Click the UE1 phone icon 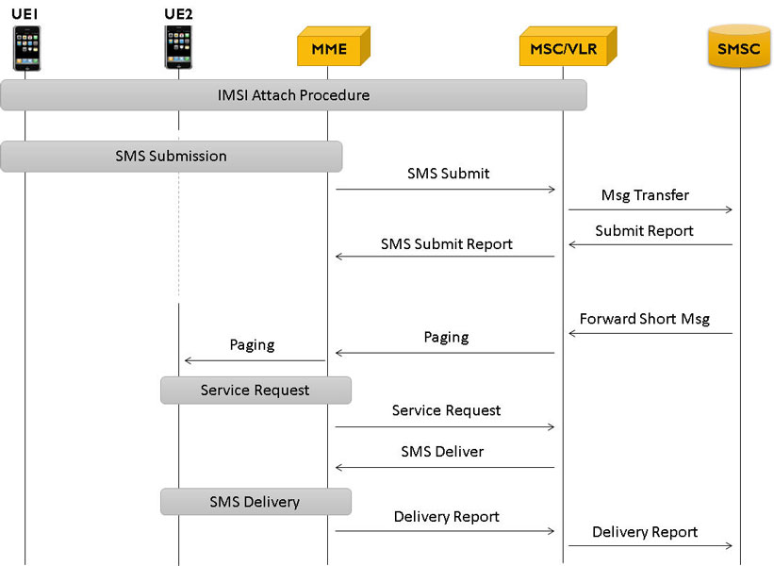pyautogui.click(x=26, y=48)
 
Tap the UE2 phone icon pyautogui.click(x=178, y=47)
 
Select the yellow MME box pyautogui.click(x=334, y=46)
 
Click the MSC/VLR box pyautogui.click(x=568, y=46)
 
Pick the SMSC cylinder pyautogui.click(x=739, y=46)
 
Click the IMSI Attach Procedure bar pyautogui.click(x=294, y=95)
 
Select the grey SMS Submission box pyautogui.click(x=172, y=156)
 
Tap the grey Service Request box pyautogui.click(x=255, y=391)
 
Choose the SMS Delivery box pyautogui.click(x=255, y=502)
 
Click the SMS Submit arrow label pyautogui.click(x=448, y=174)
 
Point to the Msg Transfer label pyautogui.click(x=645, y=195)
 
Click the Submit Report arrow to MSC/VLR pyautogui.click(x=650, y=244)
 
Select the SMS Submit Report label pyautogui.click(x=447, y=244)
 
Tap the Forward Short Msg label pyautogui.click(x=645, y=319)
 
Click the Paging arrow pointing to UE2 pyautogui.click(x=255, y=360)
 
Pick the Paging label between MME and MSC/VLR pyautogui.click(x=446, y=338)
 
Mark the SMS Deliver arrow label pyautogui.click(x=442, y=452)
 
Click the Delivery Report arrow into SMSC pyautogui.click(x=650, y=546)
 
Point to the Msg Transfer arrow pyautogui.click(x=650, y=210)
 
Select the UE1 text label pyautogui.click(x=25, y=14)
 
